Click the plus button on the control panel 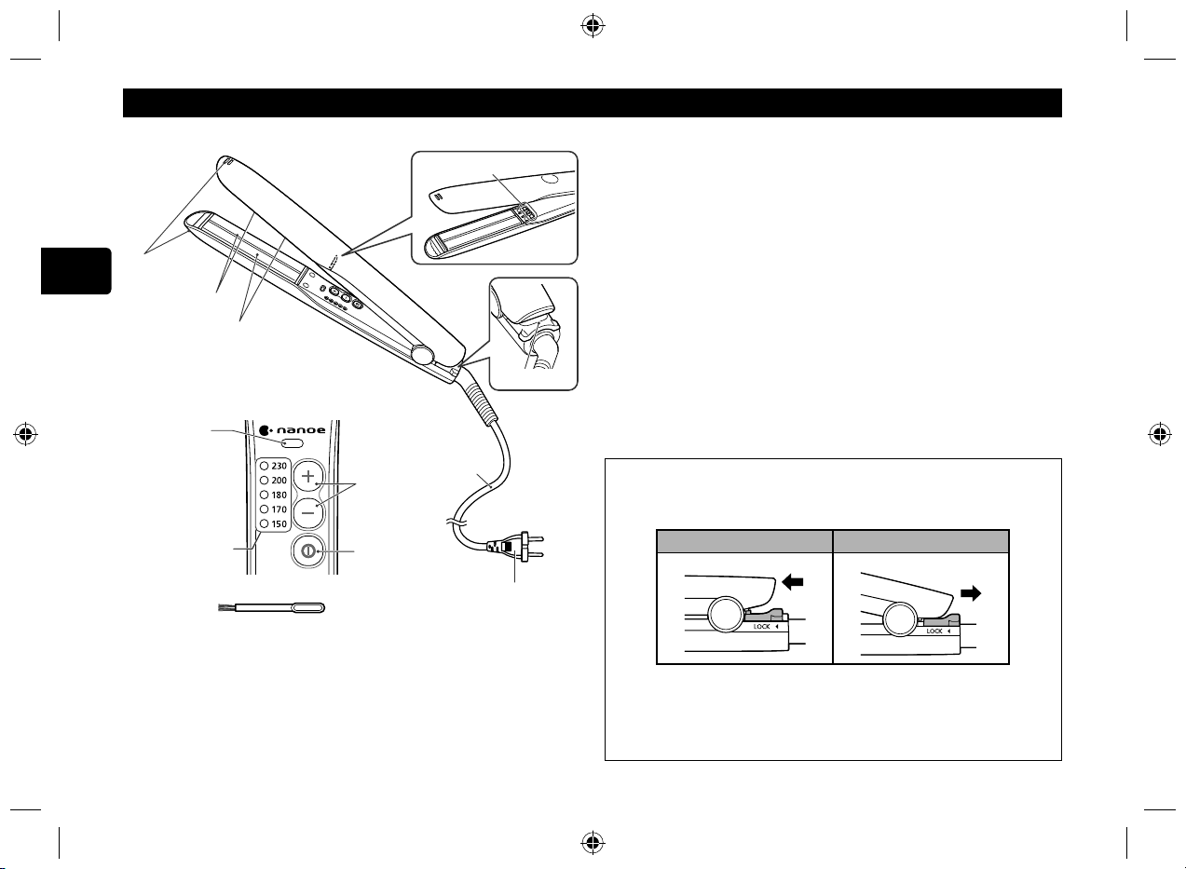pyautogui.click(x=307, y=476)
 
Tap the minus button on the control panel pyautogui.click(x=307, y=512)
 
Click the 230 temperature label pyautogui.click(x=279, y=466)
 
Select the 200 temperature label pyautogui.click(x=279, y=481)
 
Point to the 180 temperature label pyautogui.click(x=279, y=495)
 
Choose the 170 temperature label pyautogui.click(x=279, y=509)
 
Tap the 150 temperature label pyautogui.click(x=279, y=524)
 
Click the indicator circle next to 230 pyautogui.click(x=265, y=466)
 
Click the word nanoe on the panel pyautogui.click(x=301, y=430)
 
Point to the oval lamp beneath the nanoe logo pyautogui.click(x=293, y=442)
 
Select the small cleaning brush pyautogui.click(x=272, y=607)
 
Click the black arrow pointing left pyautogui.click(x=793, y=583)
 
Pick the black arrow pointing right pyautogui.click(x=971, y=593)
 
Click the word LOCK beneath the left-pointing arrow pyautogui.click(x=761, y=627)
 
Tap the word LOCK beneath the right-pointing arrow pyautogui.click(x=934, y=631)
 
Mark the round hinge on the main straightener pyautogui.click(x=422, y=354)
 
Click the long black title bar pyautogui.click(x=593, y=102)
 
